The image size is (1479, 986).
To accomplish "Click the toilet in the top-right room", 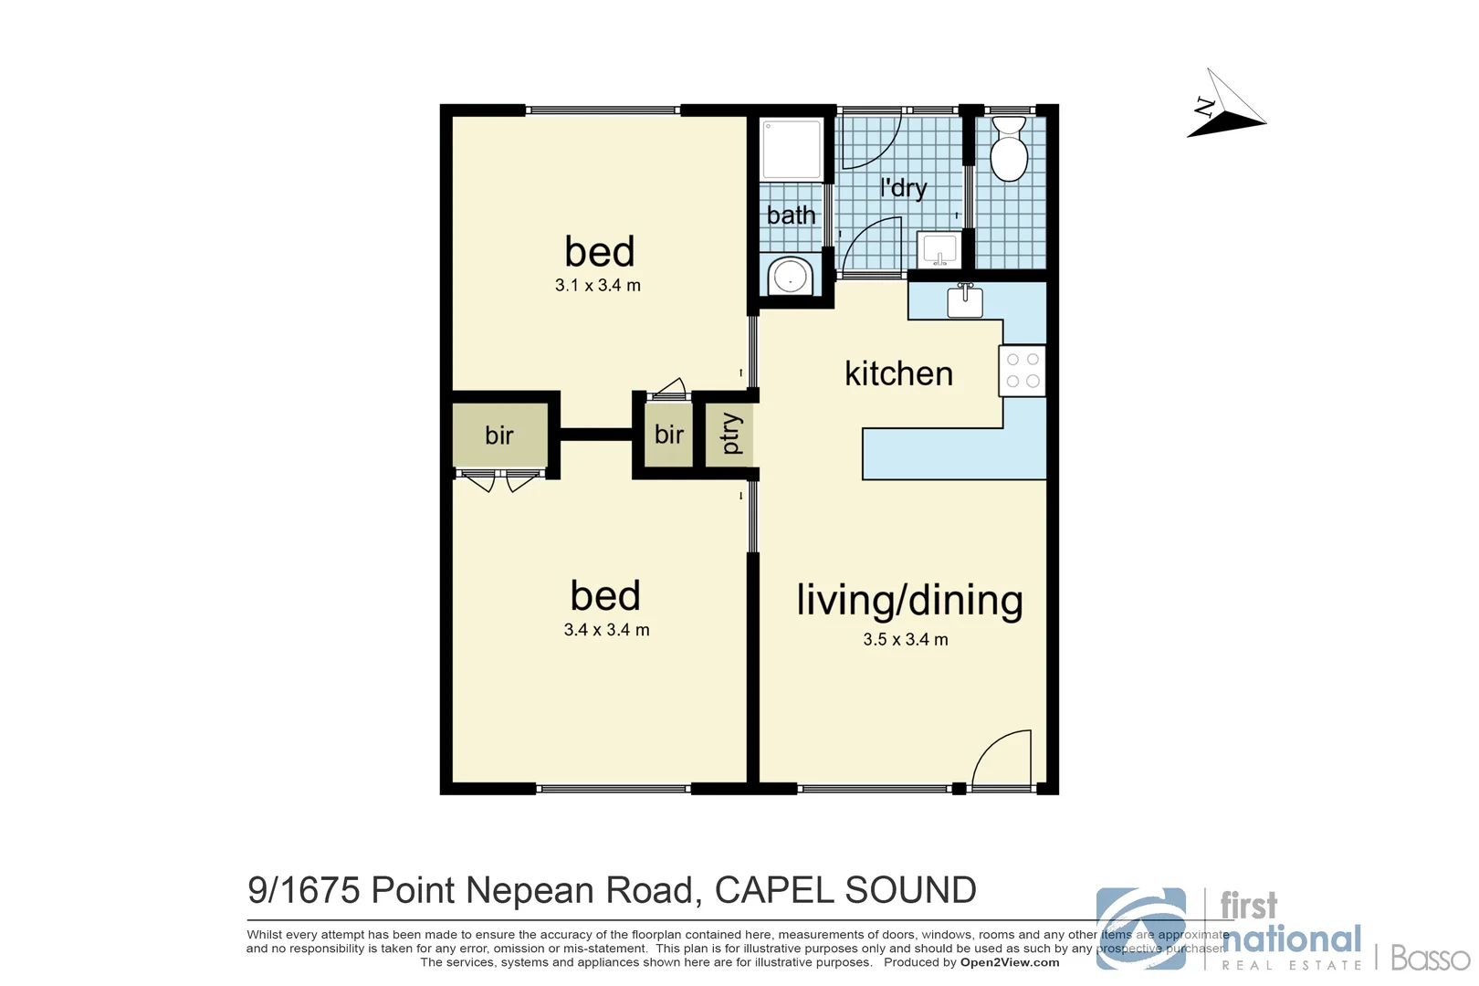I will [1009, 151].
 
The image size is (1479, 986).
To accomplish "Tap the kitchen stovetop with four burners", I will [1023, 371].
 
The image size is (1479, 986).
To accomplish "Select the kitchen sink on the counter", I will [965, 300].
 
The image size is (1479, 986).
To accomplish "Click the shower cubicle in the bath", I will [792, 149].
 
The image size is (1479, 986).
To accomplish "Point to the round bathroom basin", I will [790, 277].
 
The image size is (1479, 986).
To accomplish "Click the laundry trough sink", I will [939, 248].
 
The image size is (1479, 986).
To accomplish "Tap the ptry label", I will [731, 434].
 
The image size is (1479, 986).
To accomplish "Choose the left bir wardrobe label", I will [499, 435].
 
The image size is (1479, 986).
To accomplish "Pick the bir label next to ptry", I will [668, 435].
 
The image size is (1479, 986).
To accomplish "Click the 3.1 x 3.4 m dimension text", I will [598, 286].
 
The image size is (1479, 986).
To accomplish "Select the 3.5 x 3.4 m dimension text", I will [906, 640].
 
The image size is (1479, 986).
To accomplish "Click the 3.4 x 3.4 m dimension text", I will [606, 630].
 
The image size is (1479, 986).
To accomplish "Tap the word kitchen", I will [898, 373].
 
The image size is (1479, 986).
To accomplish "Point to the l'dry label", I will [903, 188].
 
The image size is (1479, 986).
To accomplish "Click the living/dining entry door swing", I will [1004, 760].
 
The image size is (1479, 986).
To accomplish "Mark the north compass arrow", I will [1227, 108].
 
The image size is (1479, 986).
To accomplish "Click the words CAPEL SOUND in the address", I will [845, 890].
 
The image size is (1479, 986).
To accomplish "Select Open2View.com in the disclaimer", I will [1009, 962].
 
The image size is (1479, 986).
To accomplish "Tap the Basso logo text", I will [1430, 958].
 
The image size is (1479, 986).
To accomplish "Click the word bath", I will [791, 215].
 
